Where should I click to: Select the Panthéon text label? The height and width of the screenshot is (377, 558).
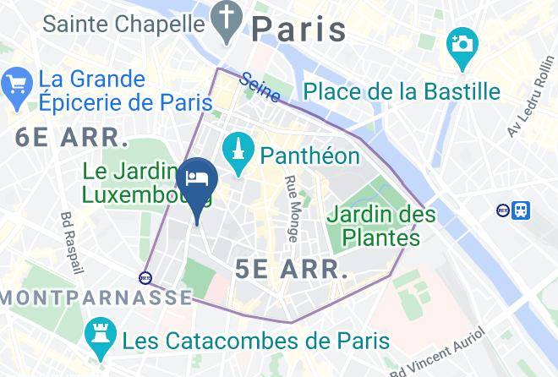coord(310,156)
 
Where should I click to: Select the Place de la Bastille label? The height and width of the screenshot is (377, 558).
coord(402,91)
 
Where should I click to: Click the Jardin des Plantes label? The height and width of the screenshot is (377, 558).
coord(382,225)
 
